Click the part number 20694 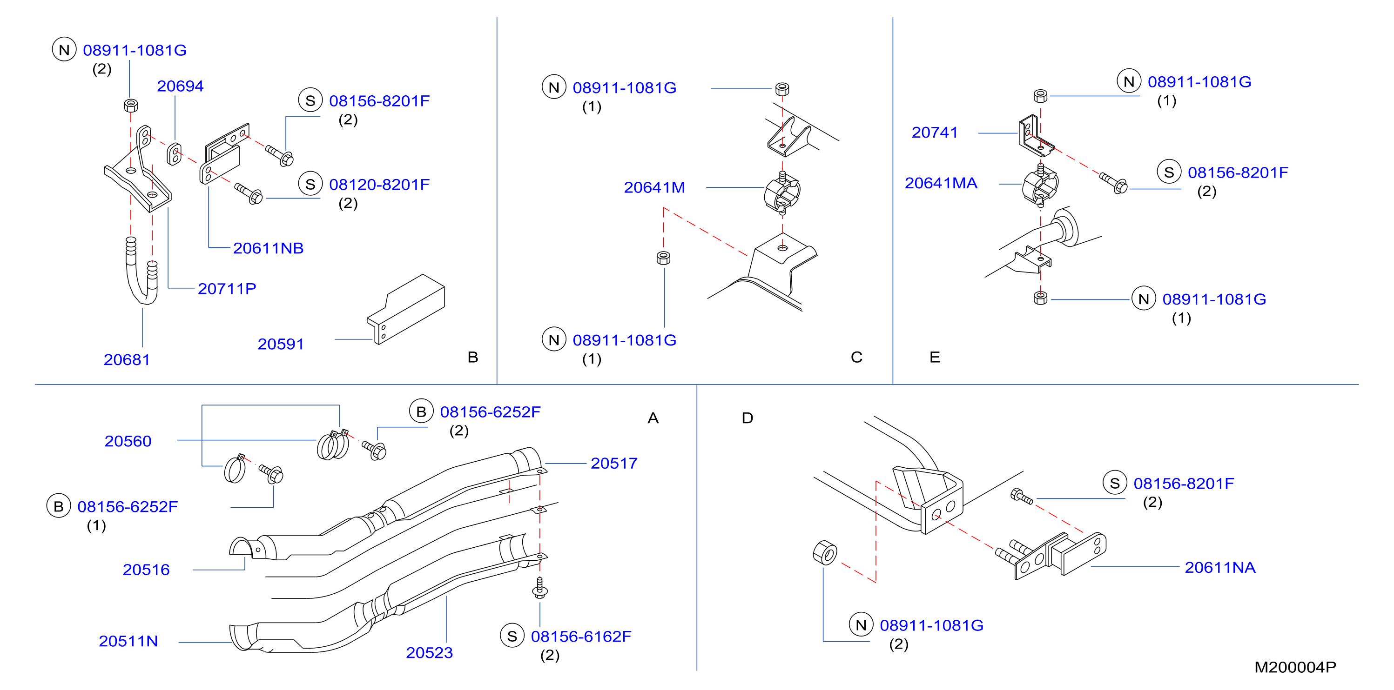click(180, 86)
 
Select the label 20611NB click(268, 248)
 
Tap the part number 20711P click(227, 289)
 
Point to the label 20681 click(127, 359)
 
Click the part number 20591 click(280, 344)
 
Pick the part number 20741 click(935, 133)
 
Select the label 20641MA click(941, 183)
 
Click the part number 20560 click(128, 441)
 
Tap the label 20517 click(613, 464)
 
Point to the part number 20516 click(146, 570)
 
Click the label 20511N click(128, 641)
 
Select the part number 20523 click(429, 653)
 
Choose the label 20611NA click(1220, 568)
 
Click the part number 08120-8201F click(379, 185)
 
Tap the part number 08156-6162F click(581, 637)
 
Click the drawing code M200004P click(1295, 668)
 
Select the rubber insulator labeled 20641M click(782, 193)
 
